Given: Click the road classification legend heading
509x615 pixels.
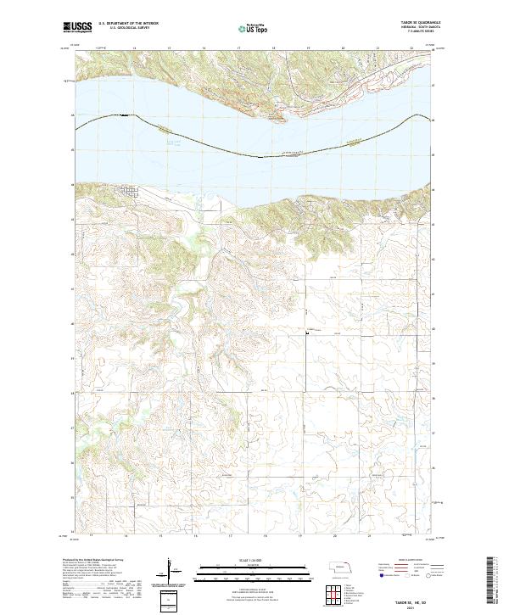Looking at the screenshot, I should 406,561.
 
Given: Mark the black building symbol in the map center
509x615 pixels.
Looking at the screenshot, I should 306,333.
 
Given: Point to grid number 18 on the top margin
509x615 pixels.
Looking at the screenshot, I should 266,48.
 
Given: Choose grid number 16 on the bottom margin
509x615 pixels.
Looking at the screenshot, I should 195,534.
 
